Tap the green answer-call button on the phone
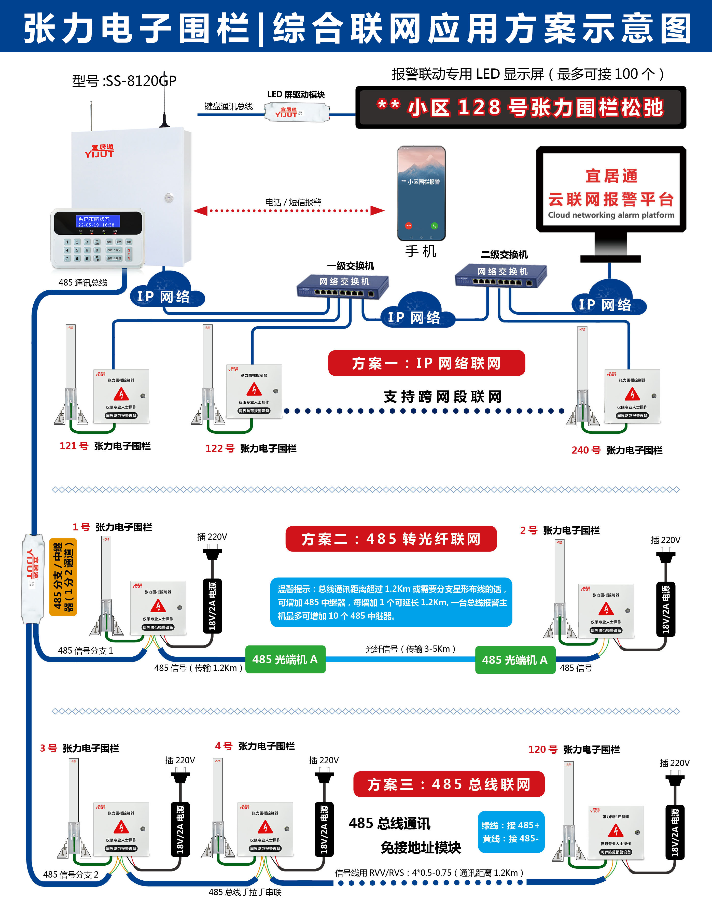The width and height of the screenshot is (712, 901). tap(434, 226)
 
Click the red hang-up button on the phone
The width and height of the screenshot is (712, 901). tap(409, 226)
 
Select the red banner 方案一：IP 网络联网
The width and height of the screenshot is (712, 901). tap(426, 363)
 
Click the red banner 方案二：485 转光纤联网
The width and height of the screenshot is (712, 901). tap(391, 539)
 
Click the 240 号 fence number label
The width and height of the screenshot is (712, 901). tap(586, 450)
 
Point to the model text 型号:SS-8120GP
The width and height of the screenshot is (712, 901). tap(124, 80)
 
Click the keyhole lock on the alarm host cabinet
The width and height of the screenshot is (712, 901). tap(169, 198)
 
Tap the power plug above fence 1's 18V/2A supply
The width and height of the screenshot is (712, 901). tap(212, 555)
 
